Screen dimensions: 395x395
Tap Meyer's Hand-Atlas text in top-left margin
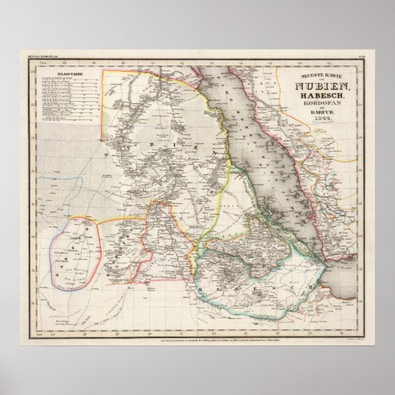tap(42, 57)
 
